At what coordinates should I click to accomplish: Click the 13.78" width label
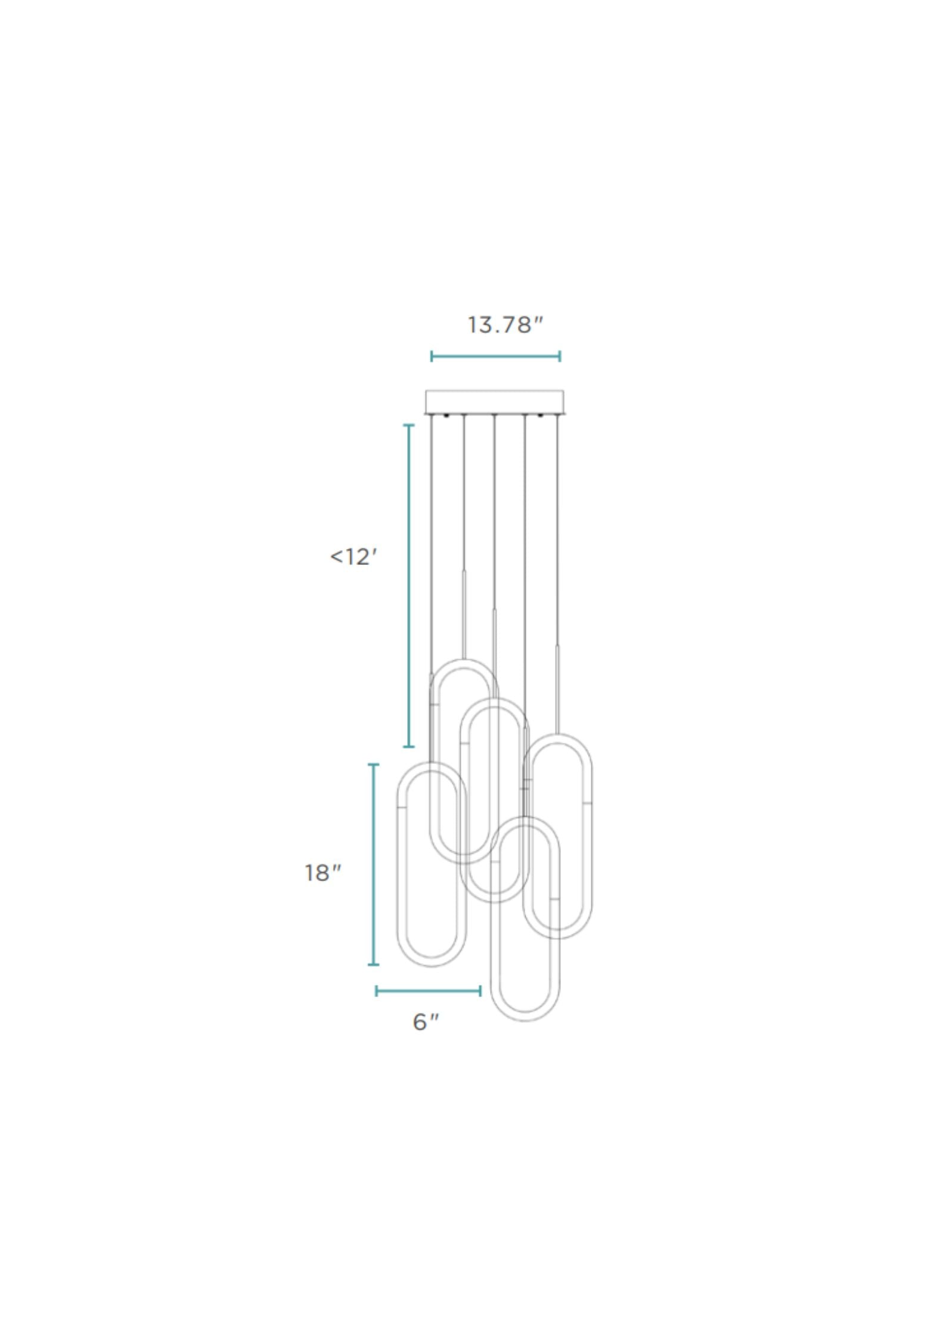pos(505,325)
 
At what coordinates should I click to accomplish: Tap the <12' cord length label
pos(354,557)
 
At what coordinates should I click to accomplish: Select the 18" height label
pos(322,873)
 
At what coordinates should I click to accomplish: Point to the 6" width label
pos(426,1022)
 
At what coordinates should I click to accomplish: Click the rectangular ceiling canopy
pos(494,402)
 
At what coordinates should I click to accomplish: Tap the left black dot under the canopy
pos(446,415)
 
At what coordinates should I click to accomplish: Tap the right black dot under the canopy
pos(541,415)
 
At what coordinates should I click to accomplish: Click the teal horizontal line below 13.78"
pos(495,356)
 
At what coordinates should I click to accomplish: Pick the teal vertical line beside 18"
pos(374,864)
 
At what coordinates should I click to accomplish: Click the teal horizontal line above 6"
pos(428,991)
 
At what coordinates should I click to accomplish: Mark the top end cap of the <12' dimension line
pos(409,425)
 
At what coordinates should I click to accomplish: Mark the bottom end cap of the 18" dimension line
pos(374,964)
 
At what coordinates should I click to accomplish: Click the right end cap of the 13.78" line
pos(559,356)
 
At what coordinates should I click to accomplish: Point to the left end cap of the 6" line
pos(376,991)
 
